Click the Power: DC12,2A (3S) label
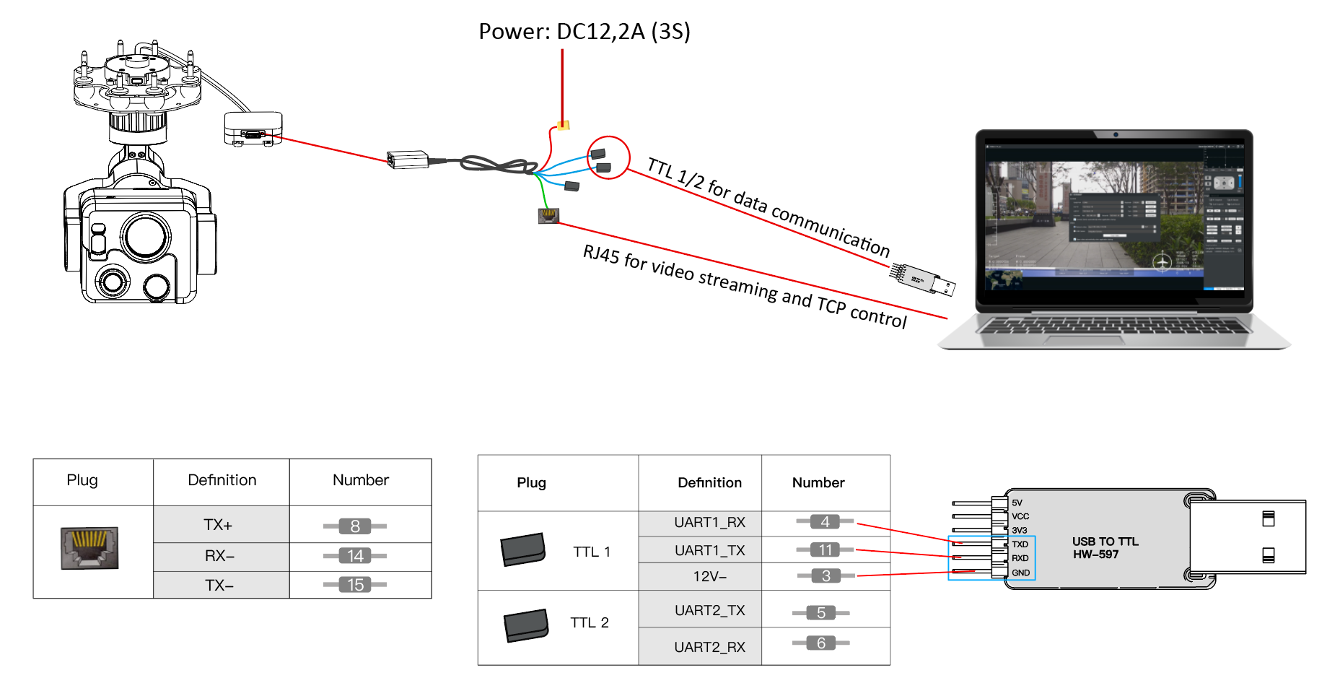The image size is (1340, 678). [584, 31]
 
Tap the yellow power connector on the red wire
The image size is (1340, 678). [564, 125]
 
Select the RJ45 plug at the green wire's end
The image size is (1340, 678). [548, 215]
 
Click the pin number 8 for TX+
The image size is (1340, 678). [355, 526]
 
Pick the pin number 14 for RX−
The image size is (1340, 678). [355, 556]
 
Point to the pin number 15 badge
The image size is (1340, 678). [355, 585]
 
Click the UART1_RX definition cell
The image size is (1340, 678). [709, 522]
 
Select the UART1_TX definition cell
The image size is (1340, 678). [709, 550]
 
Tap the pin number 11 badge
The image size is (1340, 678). [826, 550]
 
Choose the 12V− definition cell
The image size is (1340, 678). [709, 576]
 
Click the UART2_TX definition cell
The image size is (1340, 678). [709, 610]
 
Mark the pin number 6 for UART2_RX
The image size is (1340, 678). [821, 643]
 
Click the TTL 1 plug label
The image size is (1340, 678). [592, 552]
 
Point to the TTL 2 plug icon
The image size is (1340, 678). [526, 625]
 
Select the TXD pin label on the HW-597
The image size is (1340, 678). [1020, 544]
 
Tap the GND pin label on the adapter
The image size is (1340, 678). [1020, 573]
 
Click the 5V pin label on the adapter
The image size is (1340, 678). [1017, 503]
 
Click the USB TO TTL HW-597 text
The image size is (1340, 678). [1104, 548]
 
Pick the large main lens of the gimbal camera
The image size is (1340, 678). [146, 236]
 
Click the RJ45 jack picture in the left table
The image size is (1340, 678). [89, 548]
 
